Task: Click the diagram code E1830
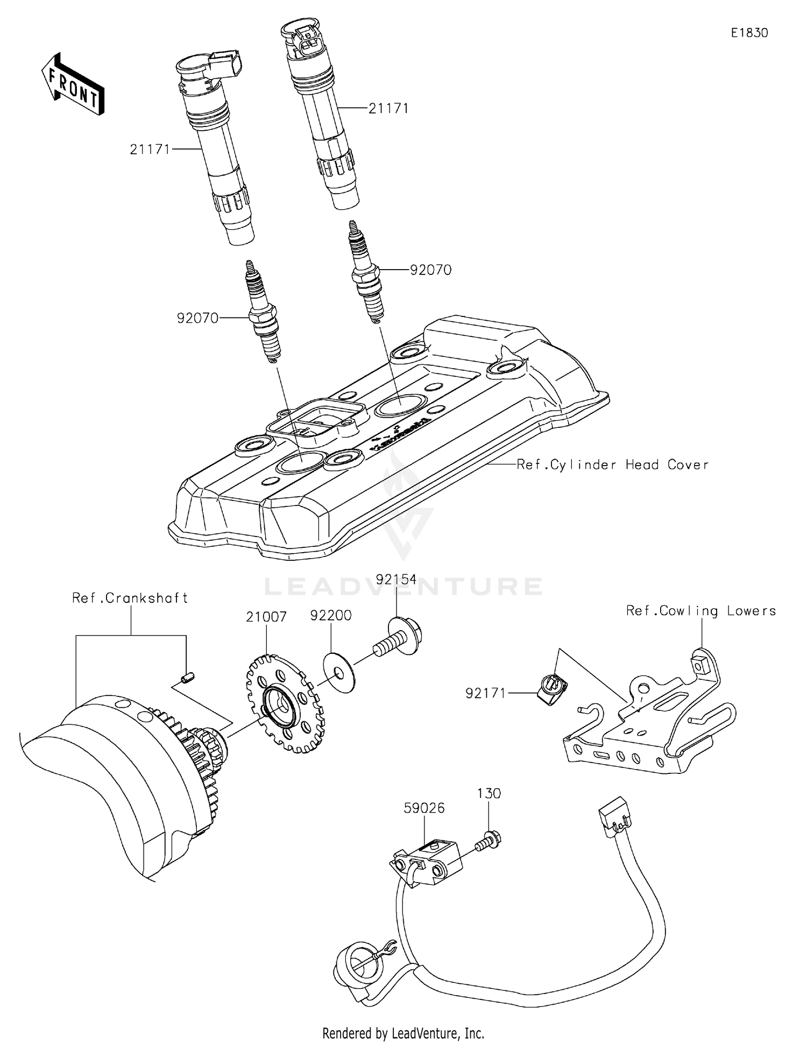click(x=749, y=33)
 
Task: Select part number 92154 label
click(x=396, y=580)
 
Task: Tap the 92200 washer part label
click(x=331, y=616)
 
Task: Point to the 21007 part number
click(x=266, y=617)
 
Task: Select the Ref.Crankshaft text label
click(x=130, y=598)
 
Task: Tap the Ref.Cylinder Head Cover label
click(x=612, y=464)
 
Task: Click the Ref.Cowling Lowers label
click(x=701, y=611)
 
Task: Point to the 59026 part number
click(x=424, y=808)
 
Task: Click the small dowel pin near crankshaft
click(x=188, y=678)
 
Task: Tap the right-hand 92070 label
click(x=430, y=270)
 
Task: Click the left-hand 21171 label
click(x=150, y=149)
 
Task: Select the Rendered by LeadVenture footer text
click(x=403, y=1033)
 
